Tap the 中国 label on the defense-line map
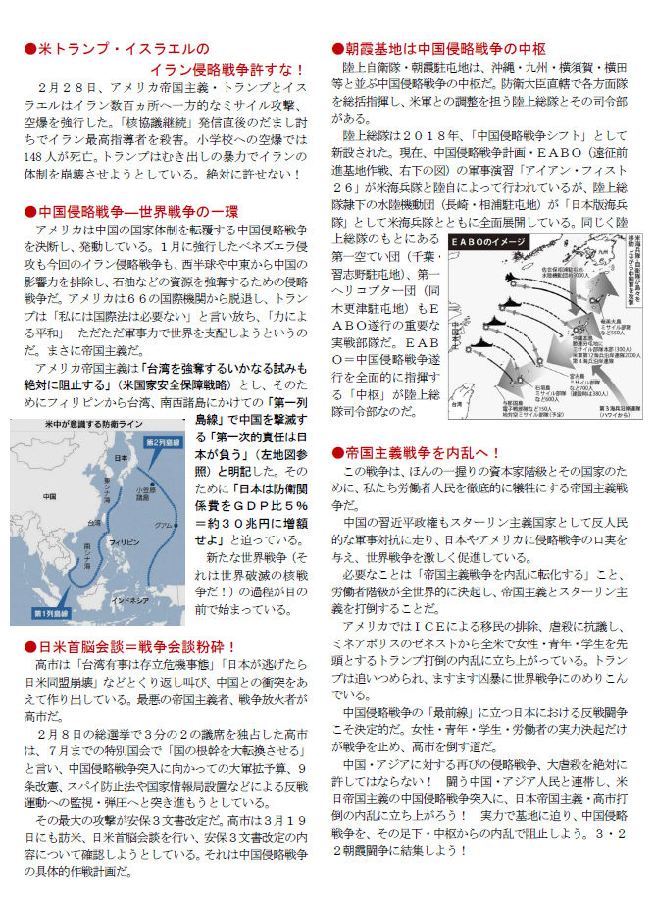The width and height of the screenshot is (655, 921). [x=50, y=497]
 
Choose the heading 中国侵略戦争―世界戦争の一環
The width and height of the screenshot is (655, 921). [x=133, y=211]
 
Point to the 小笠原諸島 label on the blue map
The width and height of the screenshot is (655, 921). [x=146, y=495]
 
